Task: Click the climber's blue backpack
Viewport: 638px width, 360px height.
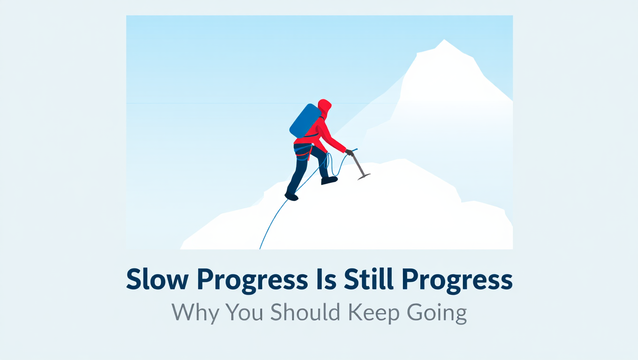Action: pos(305,120)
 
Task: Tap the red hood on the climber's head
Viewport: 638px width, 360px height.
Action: pos(325,106)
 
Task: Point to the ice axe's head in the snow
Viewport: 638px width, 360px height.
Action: pos(363,176)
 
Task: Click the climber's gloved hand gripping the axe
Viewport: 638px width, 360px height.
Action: pos(349,152)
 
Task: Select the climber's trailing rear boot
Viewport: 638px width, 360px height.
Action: pos(291,196)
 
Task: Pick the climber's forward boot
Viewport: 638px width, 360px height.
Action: pos(329,180)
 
